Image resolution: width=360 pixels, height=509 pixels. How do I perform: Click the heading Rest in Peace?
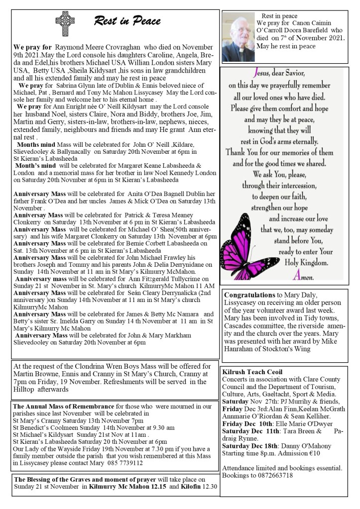point(126,21)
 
